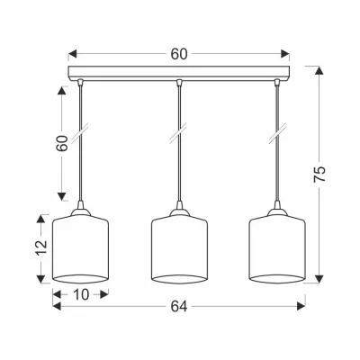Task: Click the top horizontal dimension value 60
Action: coord(179,54)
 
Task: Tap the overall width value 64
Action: coord(179,306)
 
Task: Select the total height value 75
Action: coord(319,174)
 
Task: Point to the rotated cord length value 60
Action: coord(62,143)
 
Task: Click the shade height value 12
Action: coord(41,247)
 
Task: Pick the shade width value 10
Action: coord(81,294)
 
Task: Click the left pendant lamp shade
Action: coord(80,249)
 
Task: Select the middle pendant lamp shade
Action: coord(179,249)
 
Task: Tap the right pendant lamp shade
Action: coord(277,249)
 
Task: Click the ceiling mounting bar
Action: coord(179,73)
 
